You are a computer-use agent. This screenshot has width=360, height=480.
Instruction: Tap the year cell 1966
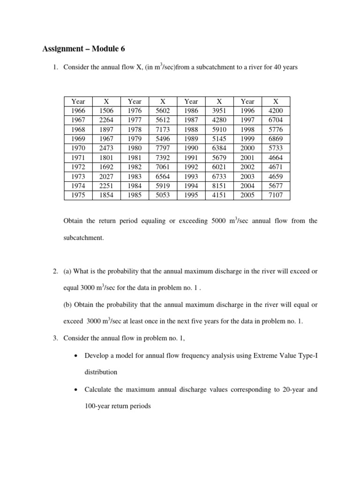(x=78, y=111)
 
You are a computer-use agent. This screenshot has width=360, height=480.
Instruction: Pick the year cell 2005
(x=247, y=195)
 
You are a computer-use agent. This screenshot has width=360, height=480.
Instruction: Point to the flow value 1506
(x=106, y=111)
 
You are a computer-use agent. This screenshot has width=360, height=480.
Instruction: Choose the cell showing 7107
(x=275, y=195)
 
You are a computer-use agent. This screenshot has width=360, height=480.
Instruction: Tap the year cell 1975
(x=78, y=195)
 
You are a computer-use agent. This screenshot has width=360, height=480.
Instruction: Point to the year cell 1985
(x=135, y=195)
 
